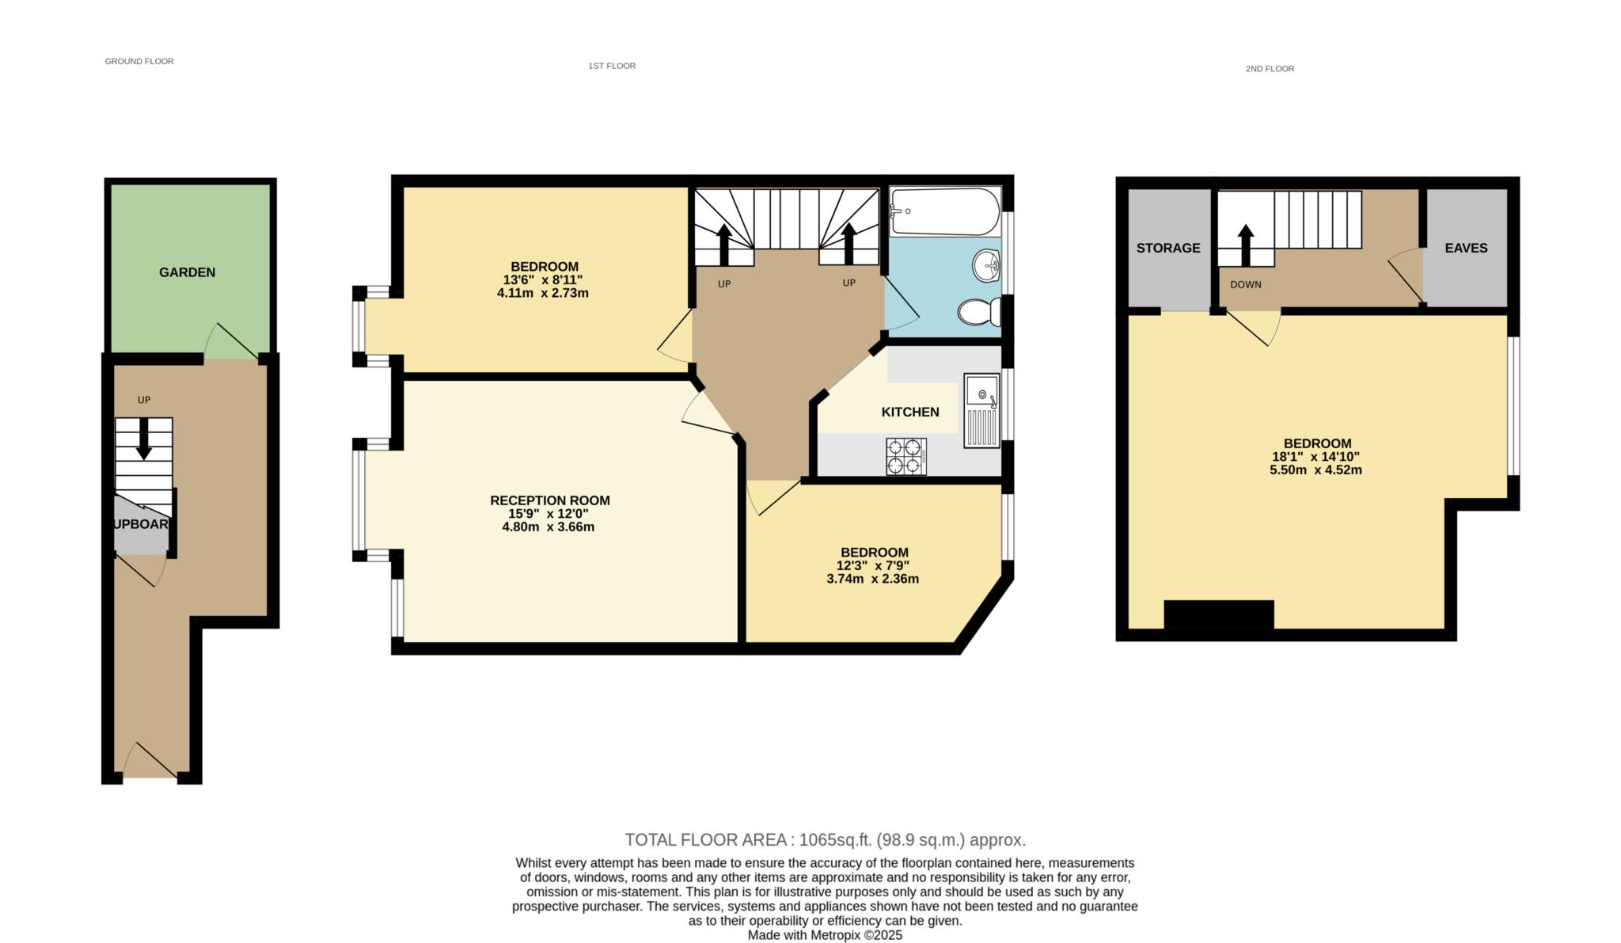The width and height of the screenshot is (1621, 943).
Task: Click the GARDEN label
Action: (x=187, y=272)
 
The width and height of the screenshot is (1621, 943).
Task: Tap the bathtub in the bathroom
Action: (x=945, y=211)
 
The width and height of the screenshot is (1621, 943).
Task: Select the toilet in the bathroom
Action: (x=979, y=312)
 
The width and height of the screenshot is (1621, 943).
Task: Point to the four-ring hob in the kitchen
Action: (x=906, y=456)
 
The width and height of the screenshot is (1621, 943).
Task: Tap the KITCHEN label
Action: (x=910, y=412)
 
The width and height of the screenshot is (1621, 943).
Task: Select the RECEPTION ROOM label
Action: (x=550, y=500)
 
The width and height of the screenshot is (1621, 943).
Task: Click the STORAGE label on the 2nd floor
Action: (x=1168, y=248)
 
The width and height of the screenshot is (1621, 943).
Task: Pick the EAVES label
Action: (x=1466, y=248)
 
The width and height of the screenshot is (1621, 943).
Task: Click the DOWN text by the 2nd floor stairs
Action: (x=1246, y=284)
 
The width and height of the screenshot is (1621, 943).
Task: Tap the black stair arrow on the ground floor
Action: (x=143, y=439)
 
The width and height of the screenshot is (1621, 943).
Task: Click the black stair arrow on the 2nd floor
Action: (x=1246, y=245)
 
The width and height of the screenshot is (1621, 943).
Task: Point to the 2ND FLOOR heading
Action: (x=1270, y=69)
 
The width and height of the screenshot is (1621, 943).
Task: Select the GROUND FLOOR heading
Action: (x=139, y=61)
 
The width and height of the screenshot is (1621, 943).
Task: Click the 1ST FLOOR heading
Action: (x=612, y=66)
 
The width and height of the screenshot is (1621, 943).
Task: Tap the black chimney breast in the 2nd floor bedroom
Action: (x=1219, y=615)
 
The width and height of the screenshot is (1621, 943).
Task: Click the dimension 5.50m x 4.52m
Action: (x=1315, y=470)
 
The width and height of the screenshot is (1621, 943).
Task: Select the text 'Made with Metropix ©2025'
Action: (x=825, y=935)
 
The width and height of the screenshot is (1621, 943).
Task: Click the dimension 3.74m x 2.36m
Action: (x=872, y=579)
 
